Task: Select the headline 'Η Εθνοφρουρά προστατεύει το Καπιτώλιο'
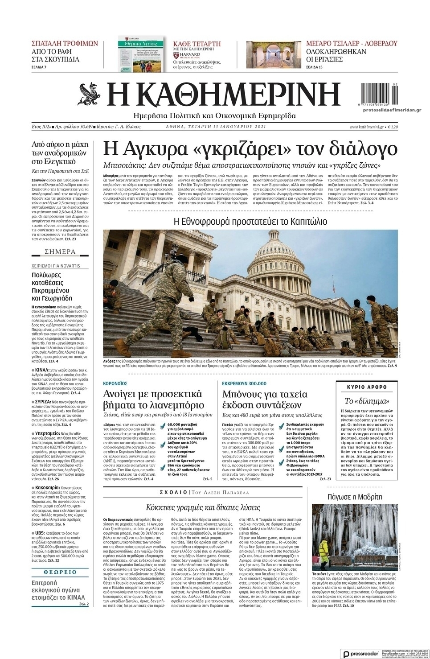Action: coord(250,221)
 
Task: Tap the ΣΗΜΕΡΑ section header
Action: coord(60,251)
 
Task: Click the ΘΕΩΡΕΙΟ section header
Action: coord(60,572)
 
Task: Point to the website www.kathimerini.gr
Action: coord(366,127)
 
